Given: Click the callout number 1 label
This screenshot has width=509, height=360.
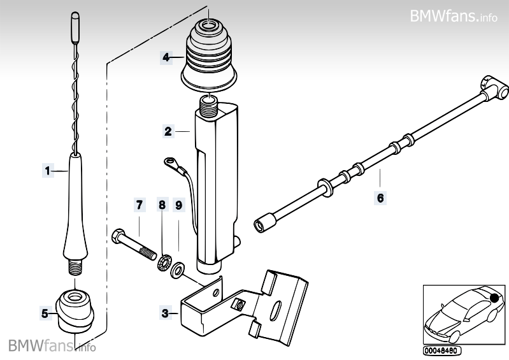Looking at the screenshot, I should coord(47,170).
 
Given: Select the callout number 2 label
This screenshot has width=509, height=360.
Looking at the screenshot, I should coord(168,132).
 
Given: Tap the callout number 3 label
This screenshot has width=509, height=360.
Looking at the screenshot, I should coord(165,313).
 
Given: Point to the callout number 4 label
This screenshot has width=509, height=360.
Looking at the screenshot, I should coord(165,57).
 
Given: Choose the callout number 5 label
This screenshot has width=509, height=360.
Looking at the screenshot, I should coord(45,313).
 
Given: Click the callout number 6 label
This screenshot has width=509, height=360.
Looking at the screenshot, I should coord(380,198).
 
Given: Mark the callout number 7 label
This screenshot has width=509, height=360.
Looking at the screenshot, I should coord(138,205).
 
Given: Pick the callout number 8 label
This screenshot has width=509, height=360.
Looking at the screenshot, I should coord(162,205).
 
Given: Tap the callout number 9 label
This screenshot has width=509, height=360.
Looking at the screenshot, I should coord(179,205).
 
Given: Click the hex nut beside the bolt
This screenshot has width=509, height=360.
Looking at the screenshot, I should coord(163,261).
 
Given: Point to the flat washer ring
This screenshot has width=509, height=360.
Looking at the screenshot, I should coord(176,270).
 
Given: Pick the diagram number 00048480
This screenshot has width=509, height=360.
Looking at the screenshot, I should coord(441,350).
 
